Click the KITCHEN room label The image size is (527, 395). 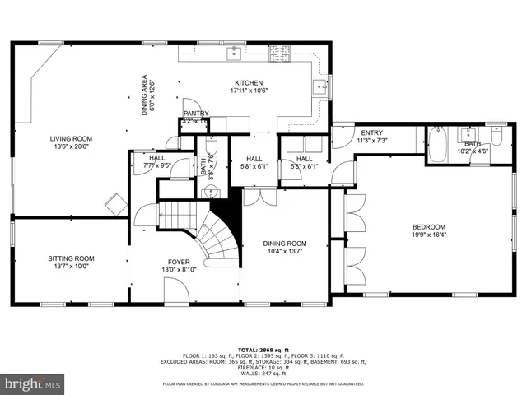pos(248,83)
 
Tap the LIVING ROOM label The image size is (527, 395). pos(71,139)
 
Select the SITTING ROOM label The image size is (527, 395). pos(71,258)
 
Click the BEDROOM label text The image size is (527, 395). pos(428,227)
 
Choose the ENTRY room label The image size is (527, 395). pos(371,132)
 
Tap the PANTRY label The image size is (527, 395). pos(196,114)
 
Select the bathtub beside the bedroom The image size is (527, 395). pos(436,145)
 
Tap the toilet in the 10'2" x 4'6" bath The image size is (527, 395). pos(497,136)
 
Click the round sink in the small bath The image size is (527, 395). pos(211,192)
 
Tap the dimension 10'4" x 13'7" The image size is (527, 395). pos(285,252)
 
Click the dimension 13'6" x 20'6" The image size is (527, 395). pos(71,147)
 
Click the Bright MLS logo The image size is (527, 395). pos(33,383)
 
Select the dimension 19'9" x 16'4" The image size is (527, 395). pos(428,235)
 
